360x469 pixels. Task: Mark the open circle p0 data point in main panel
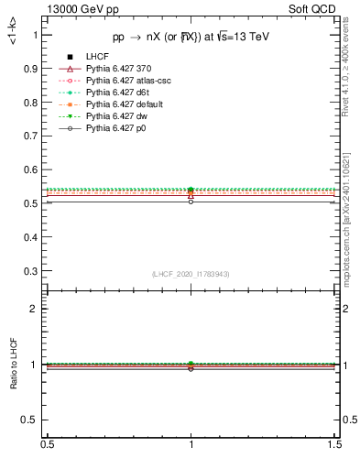[191, 201]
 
